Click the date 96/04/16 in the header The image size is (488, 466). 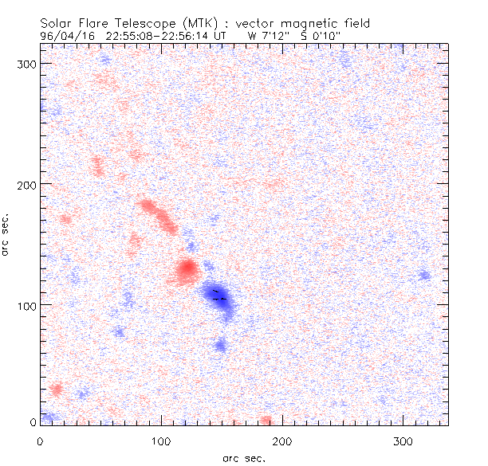pyautogui.click(x=65, y=35)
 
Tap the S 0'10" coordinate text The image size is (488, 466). pyautogui.click(x=321, y=35)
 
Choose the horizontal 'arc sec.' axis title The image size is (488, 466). pyautogui.click(x=243, y=457)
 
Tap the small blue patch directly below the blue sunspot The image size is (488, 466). pyautogui.click(x=221, y=345)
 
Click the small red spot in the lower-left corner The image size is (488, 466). pyautogui.click(x=56, y=389)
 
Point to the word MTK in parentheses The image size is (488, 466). pyautogui.click(x=206, y=24)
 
